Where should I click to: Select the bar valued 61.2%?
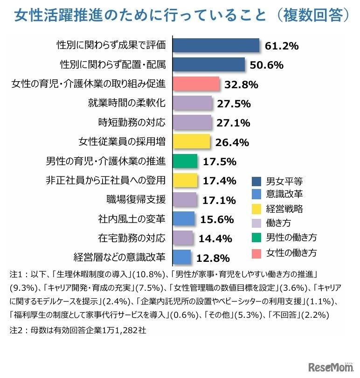216,45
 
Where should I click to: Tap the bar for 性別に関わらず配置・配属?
209,64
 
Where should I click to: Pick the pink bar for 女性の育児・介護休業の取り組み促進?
196,84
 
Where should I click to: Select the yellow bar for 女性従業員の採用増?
191,142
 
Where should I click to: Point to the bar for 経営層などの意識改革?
182,257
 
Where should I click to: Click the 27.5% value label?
234,104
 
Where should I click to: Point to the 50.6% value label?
267,65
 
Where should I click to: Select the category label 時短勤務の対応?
132,123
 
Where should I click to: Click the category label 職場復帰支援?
136,200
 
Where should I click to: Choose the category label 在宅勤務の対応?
132,238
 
